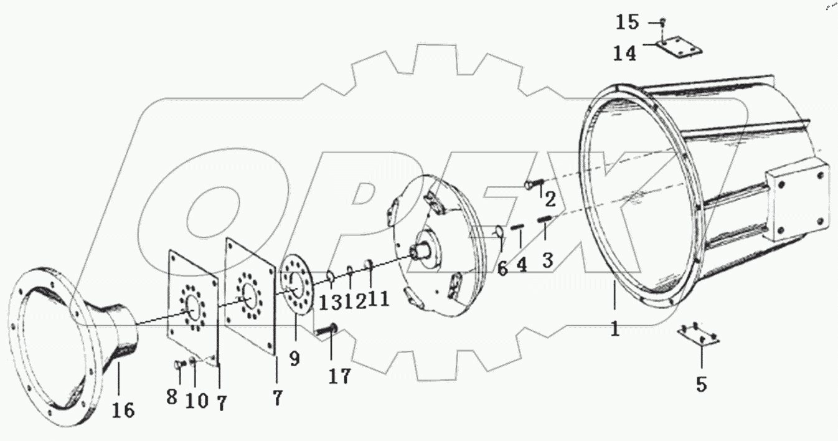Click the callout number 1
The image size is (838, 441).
(x=614, y=328)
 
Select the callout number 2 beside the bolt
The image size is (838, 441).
(x=550, y=201)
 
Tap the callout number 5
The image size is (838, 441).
(x=701, y=384)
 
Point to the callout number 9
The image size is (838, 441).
(x=294, y=358)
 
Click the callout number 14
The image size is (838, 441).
(x=624, y=54)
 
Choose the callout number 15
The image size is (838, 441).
(x=627, y=23)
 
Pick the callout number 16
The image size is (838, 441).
(x=123, y=410)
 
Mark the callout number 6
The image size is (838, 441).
(x=502, y=268)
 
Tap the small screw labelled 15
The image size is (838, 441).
(x=662, y=22)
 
